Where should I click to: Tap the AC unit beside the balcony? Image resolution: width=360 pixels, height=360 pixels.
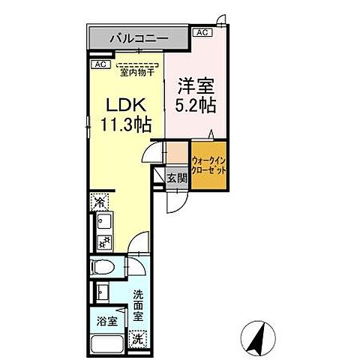[x=202, y=32]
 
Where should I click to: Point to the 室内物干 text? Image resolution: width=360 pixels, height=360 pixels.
[x=136, y=73]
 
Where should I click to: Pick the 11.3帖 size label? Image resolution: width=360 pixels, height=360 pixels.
[x=124, y=125]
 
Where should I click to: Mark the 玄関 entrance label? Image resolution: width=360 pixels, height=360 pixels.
[x=177, y=178]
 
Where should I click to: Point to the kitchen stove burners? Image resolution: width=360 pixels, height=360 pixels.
[x=101, y=241]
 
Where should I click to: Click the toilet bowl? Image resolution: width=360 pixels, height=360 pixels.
[x=103, y=268]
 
